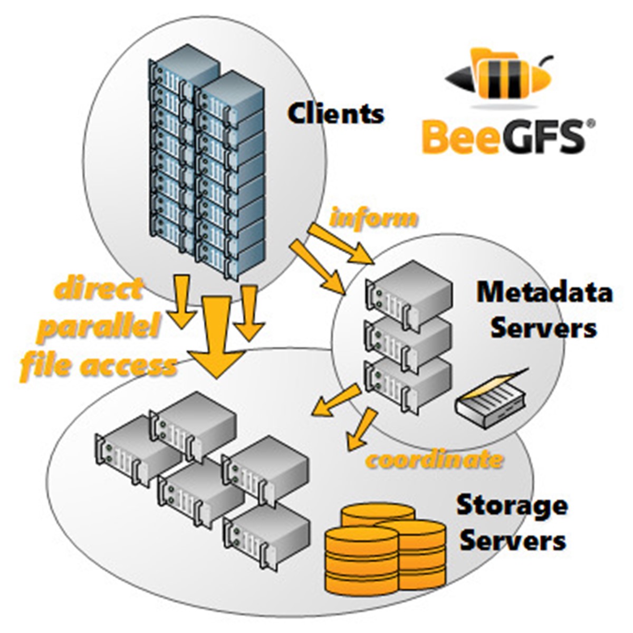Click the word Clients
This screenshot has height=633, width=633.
coord(336,113)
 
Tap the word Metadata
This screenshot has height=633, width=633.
coord(544,292)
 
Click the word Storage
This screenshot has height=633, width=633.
coord(512,505)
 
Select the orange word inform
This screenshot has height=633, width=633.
coord(373,217)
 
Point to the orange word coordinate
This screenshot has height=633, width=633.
coord(434,459)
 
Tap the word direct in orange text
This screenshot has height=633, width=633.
coord(99,290)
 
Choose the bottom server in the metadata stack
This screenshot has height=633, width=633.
coord(408,382)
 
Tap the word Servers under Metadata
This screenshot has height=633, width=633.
coord(543,328)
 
